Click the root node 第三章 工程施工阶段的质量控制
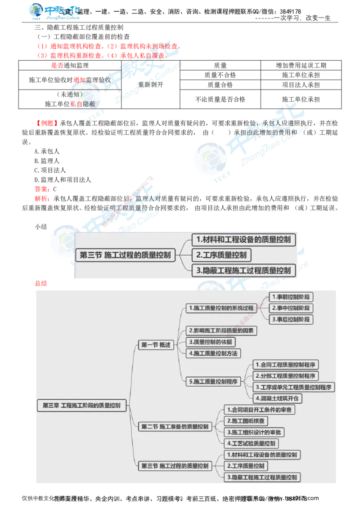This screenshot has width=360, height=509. point(81,405)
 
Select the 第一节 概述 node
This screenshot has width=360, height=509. point(156,345)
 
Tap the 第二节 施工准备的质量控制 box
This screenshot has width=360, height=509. point(175,426)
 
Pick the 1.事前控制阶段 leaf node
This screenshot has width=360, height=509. point(291,297)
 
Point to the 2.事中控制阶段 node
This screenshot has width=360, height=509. point(291,308)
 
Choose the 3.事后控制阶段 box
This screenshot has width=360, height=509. point(291,319)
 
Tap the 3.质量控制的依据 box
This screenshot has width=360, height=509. point(211,342)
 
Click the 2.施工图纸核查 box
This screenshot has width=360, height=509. point(246,421)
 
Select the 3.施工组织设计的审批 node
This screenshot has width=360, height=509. point(254,432)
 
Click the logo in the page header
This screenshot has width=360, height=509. point(55,12)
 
